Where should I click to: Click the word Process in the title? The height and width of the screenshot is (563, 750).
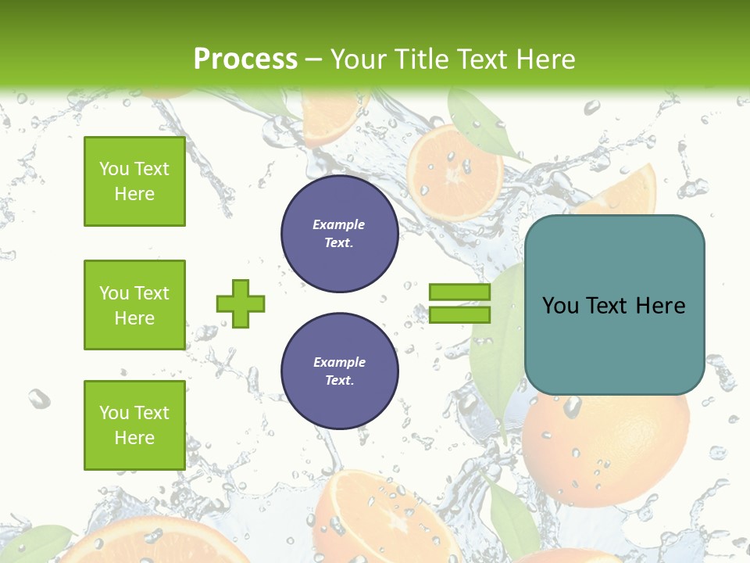245,59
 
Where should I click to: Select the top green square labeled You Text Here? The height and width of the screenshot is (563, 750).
134,181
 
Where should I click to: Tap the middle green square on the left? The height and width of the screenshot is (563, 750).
134,305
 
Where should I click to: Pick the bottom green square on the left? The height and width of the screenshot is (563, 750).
134,425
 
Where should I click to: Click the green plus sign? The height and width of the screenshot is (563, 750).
241,303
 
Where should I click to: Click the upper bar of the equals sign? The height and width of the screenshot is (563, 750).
459,292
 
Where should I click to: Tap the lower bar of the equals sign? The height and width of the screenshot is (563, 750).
459,314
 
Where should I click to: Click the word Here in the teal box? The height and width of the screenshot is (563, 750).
660,305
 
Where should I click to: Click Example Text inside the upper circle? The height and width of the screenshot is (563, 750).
339,233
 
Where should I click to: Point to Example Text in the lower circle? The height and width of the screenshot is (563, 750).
339,371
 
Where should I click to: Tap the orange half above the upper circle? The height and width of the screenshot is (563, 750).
455,170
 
